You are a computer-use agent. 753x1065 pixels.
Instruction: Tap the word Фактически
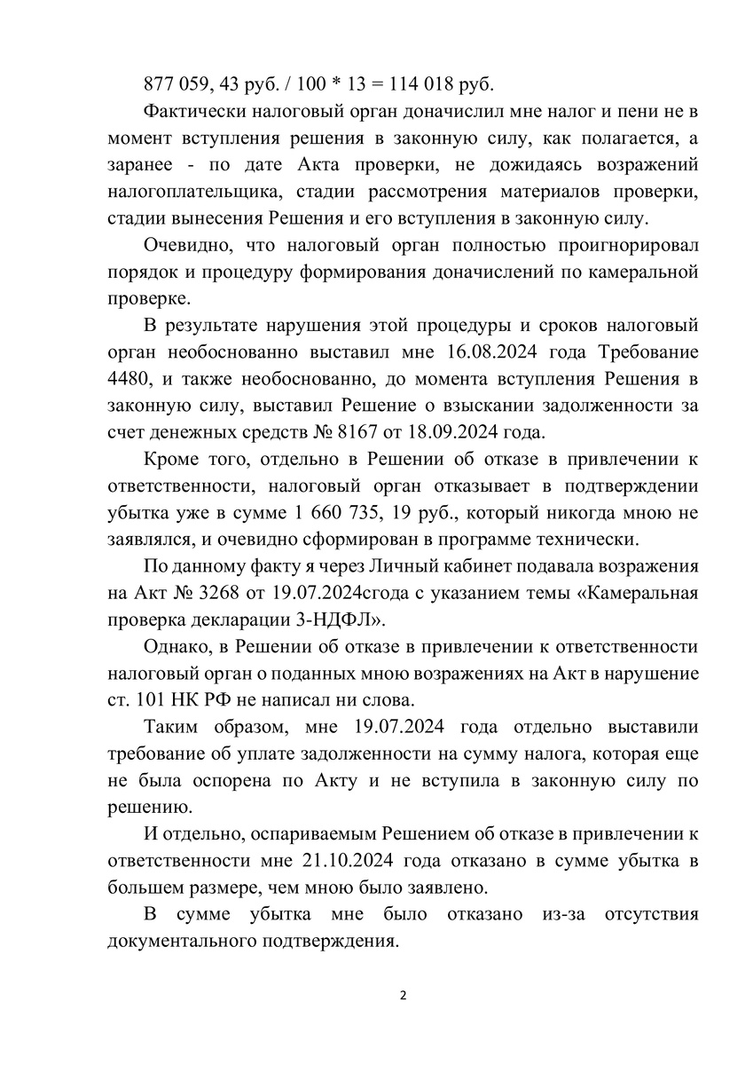click(196, 113)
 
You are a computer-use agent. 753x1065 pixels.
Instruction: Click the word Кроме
click(169, 461)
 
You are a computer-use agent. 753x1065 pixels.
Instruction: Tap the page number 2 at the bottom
click(402, 996)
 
